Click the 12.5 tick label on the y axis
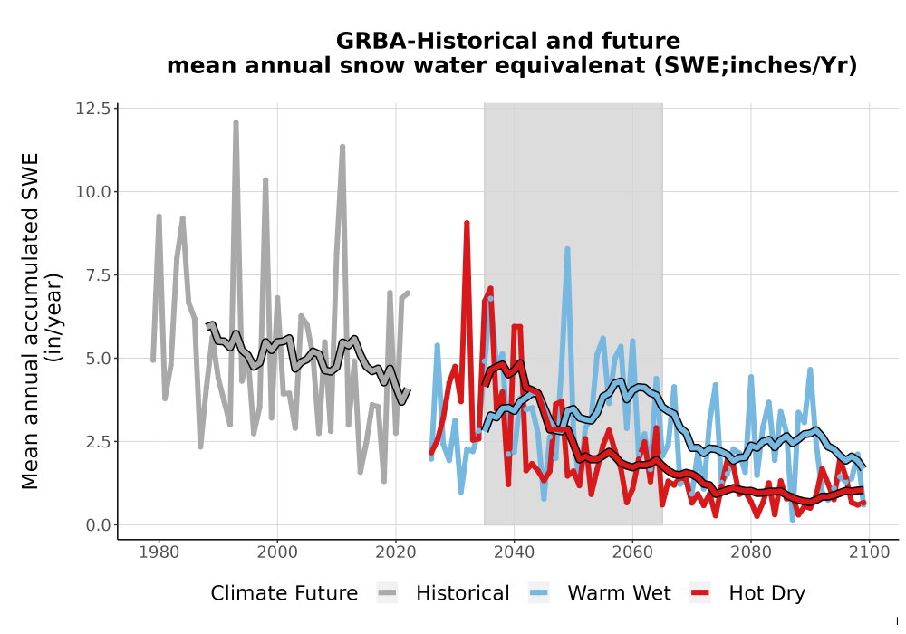click(92, 109)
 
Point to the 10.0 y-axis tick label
click(92, 192)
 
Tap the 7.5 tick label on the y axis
click(98, 274)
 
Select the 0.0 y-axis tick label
click(98, 525)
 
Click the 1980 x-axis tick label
click(159, 552)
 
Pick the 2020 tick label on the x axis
click(396, 552)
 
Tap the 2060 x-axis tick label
click(632, 552)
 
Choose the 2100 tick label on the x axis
click(869, 552)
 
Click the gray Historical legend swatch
click(387, 593)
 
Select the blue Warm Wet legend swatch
click(538, 593)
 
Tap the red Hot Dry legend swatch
click(700, 593)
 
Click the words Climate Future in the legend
click(284, 593)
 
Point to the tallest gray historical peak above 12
click(236, 123)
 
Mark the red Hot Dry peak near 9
click(467, 223)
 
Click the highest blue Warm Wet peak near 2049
click(567, 249)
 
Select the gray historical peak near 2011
click(342, 148)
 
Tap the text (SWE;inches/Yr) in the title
click(756, 66)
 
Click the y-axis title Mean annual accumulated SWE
click(30, 321)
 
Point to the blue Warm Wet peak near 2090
click(810, 370)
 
